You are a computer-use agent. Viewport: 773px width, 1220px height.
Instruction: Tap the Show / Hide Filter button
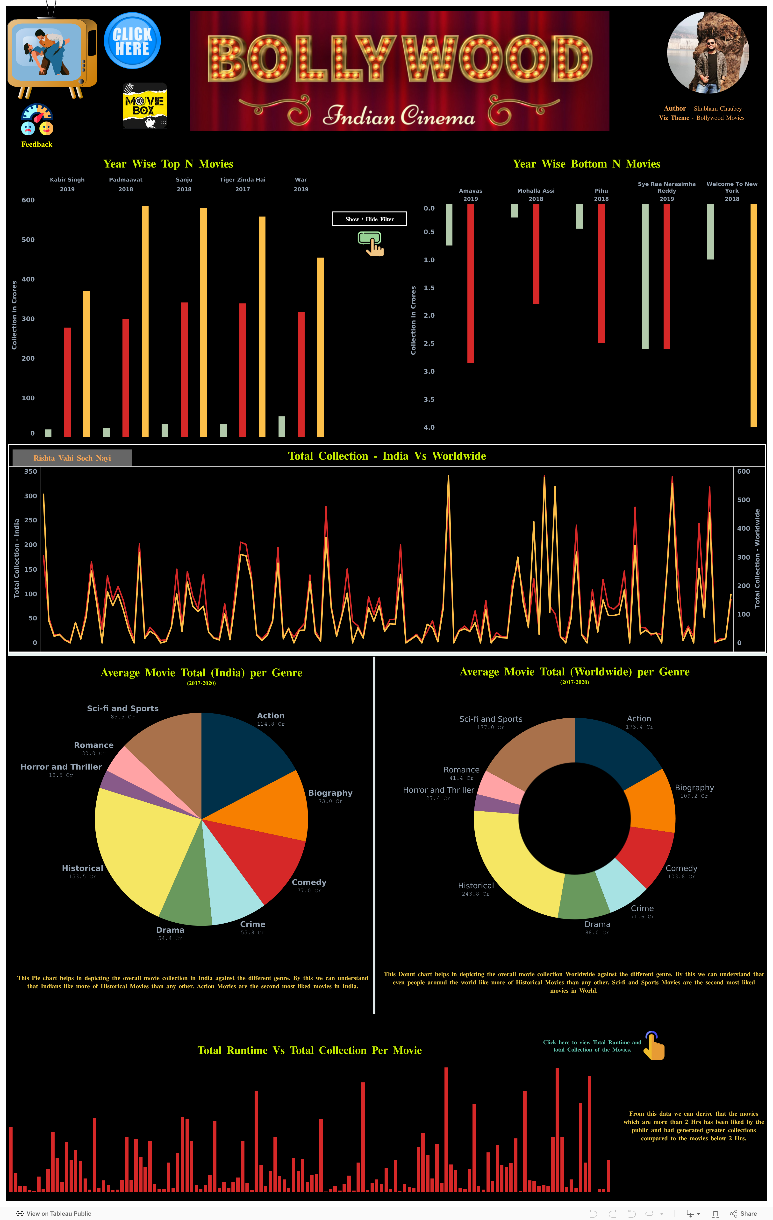pyautogui.click(x=370, y=219)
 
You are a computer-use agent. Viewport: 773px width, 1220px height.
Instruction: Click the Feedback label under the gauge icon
pyautogui.click(x=36, y=144)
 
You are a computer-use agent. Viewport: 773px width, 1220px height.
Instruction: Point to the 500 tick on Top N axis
pyautogui.click(x=29, y=240)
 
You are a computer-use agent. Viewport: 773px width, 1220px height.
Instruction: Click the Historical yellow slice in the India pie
pyautogui.click(x=137, y=851)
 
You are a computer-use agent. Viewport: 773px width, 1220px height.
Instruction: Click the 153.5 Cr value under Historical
pyautogui.click(x=82, y=876)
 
